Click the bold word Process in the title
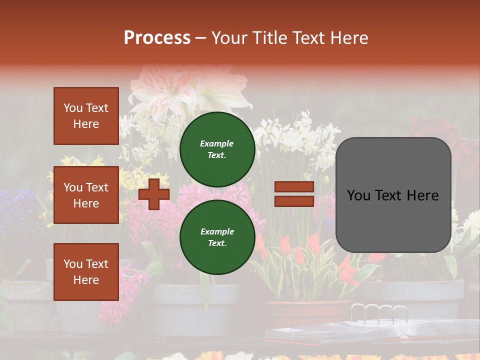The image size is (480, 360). pos(157,38)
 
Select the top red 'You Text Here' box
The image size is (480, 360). pos(86,116)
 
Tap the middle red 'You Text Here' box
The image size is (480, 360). pos(86,195)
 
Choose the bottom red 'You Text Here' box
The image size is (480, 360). pos(86,272)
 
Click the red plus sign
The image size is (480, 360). pos(154,194)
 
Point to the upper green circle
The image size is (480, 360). pos(217,149)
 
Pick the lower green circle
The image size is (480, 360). pos(217,237)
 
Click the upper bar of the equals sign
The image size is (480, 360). pos(294,187)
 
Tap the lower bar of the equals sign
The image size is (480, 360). pos(294,201)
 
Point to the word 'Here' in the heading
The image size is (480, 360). pos(350,38)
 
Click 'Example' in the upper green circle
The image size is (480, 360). pos(217,143)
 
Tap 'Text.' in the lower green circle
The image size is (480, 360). pos(217,243)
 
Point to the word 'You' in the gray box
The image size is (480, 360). pos(358,195)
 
